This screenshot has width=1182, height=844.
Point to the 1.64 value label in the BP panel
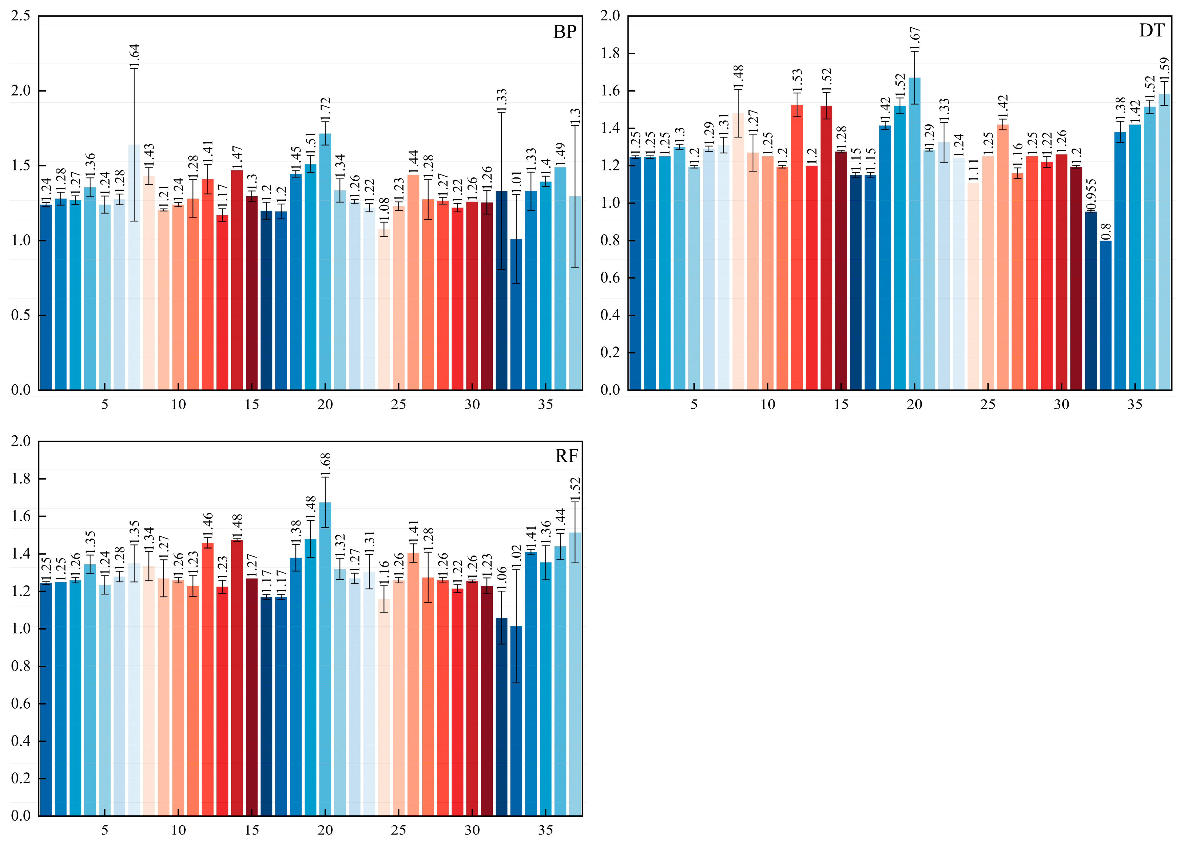tap(135, 56)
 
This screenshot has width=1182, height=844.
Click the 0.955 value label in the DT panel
tap(1091, 194)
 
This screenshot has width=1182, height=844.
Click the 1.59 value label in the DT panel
tap(1164, 69)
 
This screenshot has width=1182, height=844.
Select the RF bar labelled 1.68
tap(326, 659)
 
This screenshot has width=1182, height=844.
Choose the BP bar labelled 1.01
tap(516, 314)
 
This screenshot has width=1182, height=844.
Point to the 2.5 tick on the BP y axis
tap(21, 16)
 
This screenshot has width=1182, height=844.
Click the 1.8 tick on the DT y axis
tap(610, 53)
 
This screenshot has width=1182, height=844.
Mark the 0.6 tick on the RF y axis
tap(21, 704)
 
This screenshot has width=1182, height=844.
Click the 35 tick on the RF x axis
tap(546, 830)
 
